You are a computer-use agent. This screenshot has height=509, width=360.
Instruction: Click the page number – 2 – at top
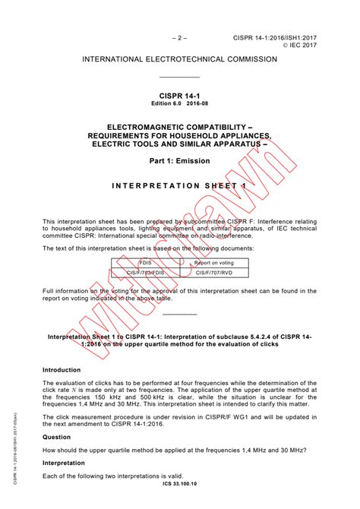click(179, 36)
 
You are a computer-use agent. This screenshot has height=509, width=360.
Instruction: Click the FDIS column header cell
click(144, 262)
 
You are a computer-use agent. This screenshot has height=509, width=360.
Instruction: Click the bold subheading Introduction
click(62, 369)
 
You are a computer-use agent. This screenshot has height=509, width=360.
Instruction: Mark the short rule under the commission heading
click(179, 77)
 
